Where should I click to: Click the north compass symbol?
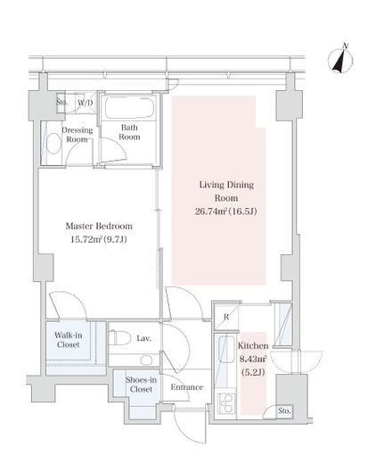pyautogui.click(x=340, y=60)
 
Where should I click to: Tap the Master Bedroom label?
pyautogui.click(x=99, y=226)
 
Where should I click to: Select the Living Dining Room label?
pyautogui.click(x=226, y=191)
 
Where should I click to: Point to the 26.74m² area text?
pyautogui.click(x=211, y=211)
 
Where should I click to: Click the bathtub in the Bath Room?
pyautogui.click(x=129, y=108)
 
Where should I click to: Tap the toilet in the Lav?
pyautogui.click(x=120, y=338)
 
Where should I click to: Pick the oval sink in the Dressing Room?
pyautogui.click(x=53, y=144)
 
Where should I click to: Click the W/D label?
pyautogui.click(x=86, y=103)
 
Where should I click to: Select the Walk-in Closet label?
pyautogui.click(x=69, y=340)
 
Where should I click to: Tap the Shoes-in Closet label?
pyautogui.click(x=141, y=385)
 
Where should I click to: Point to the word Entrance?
pyautogui.click(x=187, y=387)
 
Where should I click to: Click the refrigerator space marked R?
pyautogui.click(x=226, y=318)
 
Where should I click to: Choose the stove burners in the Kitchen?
pyautogui.click(x=226, y=403)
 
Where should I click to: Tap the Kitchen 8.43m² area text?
pyautogui.click(x=253, y=359)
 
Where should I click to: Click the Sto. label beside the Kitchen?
pyautogui.click(x=284, y=410)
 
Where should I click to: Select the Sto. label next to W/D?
pyautogui.click(x=61, y=102)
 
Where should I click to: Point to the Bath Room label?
pyautogui.click(x=129, y=132)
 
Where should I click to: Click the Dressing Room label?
pyautogui.click(x=77, y=135)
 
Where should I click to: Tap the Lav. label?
pyautogui.click(x=144, y=338)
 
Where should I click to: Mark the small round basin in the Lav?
pyautogui.click(x=146, y=360)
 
